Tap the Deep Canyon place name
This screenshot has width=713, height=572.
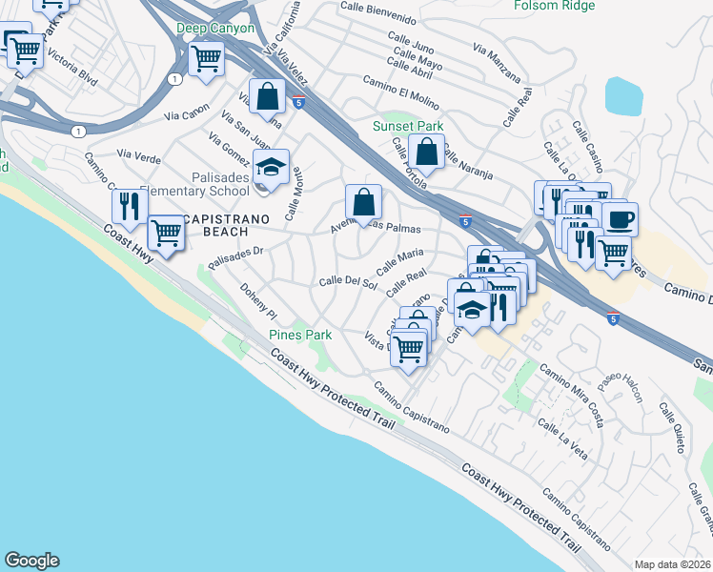[214, 29]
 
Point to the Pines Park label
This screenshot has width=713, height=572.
[299, 335]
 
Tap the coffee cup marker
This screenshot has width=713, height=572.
[620, 219]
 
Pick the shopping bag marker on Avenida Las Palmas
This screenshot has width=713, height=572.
[363, 202]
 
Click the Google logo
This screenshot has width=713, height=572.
[31, 561]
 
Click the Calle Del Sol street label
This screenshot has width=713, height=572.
[345, 281]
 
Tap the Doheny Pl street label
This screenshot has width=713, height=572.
[257, 300]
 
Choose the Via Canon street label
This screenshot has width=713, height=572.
[186, 116]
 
